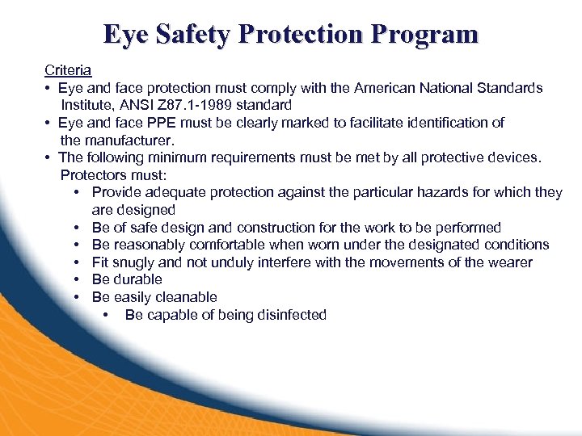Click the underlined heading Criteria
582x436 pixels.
click(68, 70)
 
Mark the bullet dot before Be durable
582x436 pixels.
click(75, 280)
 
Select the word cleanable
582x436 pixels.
click(184, 297)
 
